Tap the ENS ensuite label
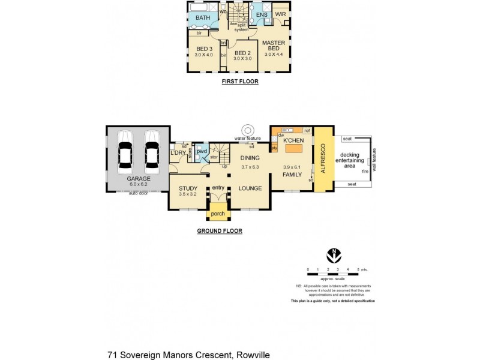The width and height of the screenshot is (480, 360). [261, 14]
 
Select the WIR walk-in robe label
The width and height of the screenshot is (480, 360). [280, 14]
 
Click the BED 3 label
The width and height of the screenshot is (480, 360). [204, 49]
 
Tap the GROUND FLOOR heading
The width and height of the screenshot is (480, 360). [219, 230]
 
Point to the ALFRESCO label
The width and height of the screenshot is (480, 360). [322, 158]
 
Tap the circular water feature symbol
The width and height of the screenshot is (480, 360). [247, 131]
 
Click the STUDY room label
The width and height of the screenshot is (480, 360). [188, 188]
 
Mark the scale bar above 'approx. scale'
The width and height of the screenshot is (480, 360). [333, 274]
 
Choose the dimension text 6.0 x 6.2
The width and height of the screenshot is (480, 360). [138, 184]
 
